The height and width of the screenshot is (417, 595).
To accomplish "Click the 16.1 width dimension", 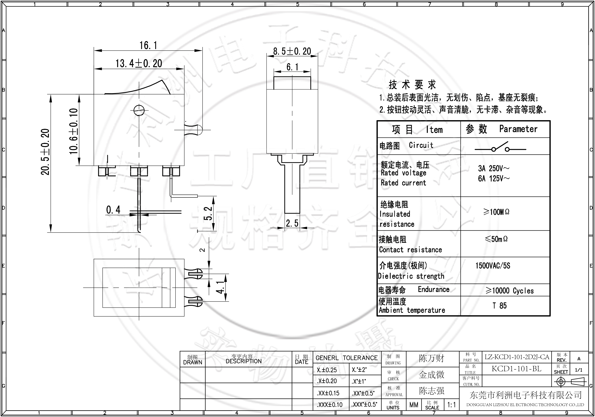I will coord(148,46).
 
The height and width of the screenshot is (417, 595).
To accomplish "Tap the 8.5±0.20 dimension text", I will coord(292,51).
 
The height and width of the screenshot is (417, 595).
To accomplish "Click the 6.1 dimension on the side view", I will coord(292,67).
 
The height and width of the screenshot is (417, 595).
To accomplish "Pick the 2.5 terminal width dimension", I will coord(292,223).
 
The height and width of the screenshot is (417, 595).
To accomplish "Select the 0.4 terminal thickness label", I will coord(113,210).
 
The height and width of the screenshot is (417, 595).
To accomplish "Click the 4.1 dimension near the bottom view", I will coord(220,287).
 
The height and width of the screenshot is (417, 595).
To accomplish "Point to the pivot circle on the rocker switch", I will coord(139,111).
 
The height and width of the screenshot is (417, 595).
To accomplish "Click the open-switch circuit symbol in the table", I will coord(500,148).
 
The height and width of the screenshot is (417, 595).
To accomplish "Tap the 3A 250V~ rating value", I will coord(494,169).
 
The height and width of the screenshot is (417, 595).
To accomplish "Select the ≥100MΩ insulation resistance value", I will coord(496,212).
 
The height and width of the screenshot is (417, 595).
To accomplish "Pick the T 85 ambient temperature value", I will coord(499,306).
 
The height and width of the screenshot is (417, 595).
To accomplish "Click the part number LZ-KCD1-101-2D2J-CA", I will coord(517,357).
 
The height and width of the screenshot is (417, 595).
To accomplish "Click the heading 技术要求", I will coord(412,85).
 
